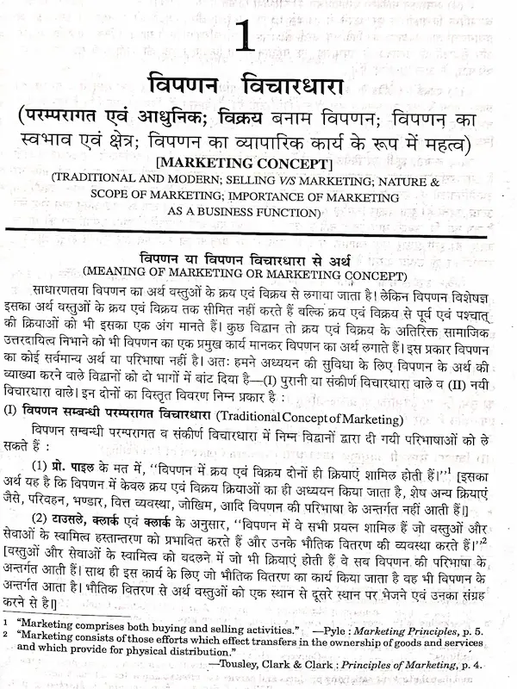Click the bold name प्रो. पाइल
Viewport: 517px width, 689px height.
tap(75, 475)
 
